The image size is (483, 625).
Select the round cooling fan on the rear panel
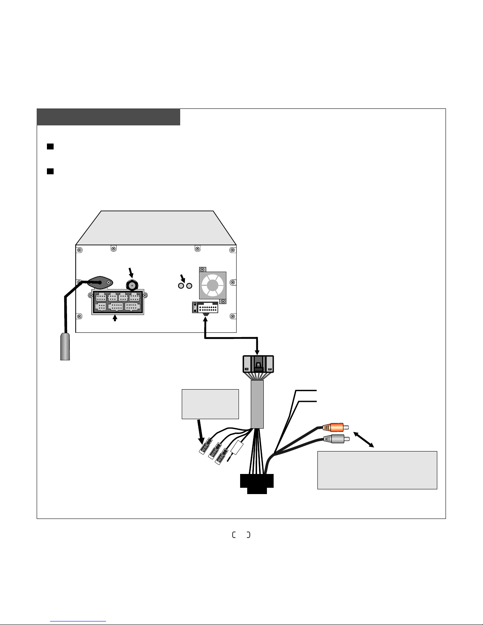[x=213, y=285]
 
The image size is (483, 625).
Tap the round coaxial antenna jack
[x=132, y=285]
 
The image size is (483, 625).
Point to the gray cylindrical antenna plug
[x=65, y=347]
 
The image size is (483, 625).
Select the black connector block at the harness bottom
[x=257, y=483]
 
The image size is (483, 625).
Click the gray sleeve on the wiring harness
[x=257, y=404]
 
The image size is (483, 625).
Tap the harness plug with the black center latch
[x=258, y=364]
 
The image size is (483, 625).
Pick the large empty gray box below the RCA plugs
[x=377, y=470]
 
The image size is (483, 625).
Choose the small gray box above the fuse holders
[x=210, y=404]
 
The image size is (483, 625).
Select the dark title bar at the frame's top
[x=108, y=117]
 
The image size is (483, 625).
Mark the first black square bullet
[x=50, y=147]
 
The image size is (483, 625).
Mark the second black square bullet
[x=50, y=172]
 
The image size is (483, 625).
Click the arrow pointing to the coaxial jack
[x=131, y=272]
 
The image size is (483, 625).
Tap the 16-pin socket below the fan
[x=205, y=307]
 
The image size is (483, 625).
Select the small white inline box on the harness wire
[x=237, y=448]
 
